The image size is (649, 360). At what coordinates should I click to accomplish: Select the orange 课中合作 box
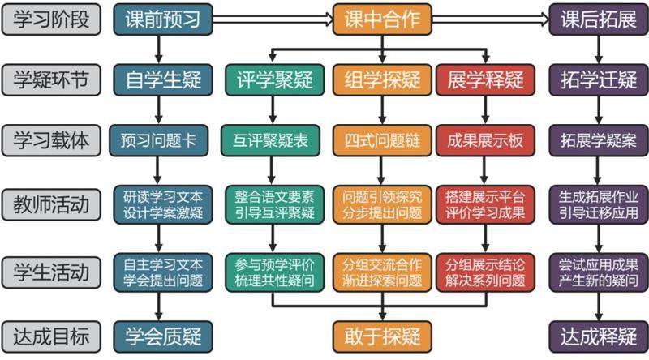(x=381, y=19)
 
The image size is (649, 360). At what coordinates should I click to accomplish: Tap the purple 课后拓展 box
(x=599, y=19)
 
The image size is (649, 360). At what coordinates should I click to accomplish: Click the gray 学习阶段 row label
(x=51, y=19)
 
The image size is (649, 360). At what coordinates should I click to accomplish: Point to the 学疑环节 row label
(x=51, y=79)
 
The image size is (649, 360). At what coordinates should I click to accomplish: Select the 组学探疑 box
(x=381, y=79)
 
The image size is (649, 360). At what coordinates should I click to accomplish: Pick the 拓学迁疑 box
(x=599, y=79)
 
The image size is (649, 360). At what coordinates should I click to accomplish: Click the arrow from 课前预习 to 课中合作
(x=272, y=19)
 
